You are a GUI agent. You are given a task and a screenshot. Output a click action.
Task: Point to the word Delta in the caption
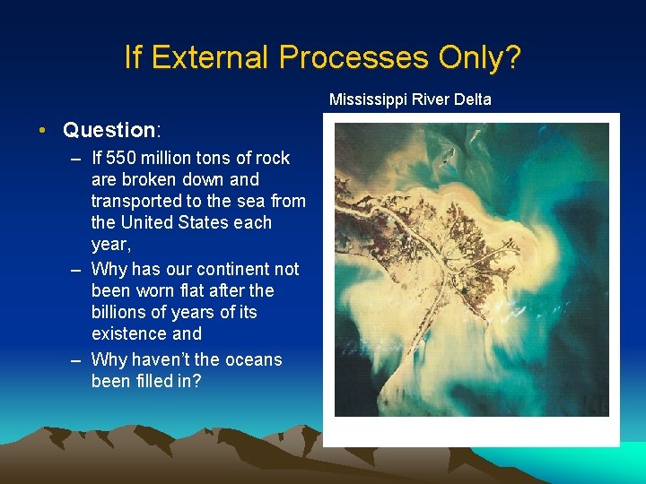tap(473, 99)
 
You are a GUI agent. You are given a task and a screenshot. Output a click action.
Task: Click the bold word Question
tap(109, 130)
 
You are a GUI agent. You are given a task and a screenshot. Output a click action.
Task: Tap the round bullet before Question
tap(43, 131)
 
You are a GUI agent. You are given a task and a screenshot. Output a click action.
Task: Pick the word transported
tap(136, 201)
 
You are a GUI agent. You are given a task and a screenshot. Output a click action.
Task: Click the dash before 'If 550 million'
tap(74, 158)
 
